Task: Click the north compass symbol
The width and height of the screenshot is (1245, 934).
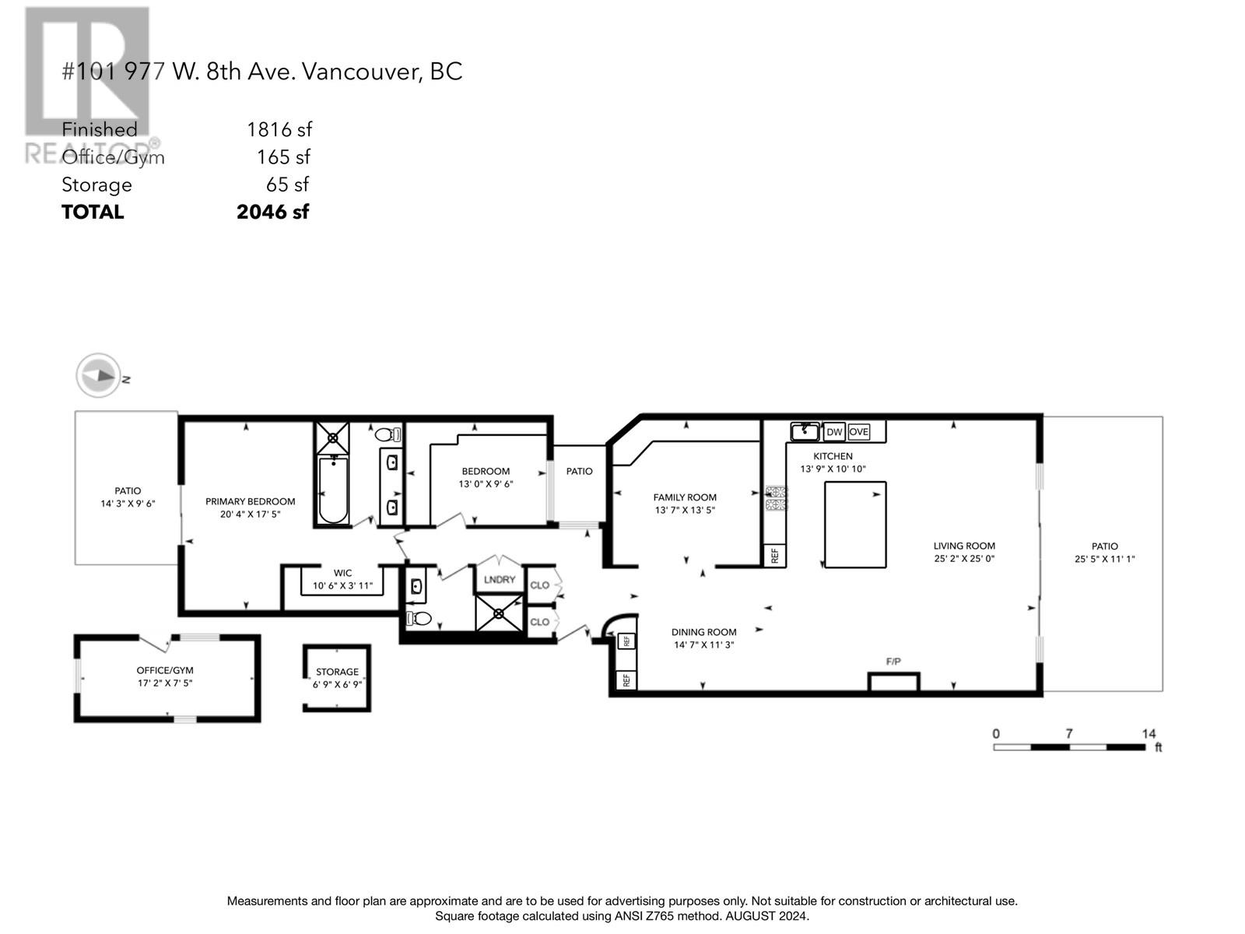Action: click(98, 375)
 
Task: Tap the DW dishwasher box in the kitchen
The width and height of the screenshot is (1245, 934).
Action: click(834, 432)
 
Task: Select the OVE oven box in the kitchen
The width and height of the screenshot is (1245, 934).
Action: click(858, 432)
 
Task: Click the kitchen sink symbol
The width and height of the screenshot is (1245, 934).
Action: click(805, 431)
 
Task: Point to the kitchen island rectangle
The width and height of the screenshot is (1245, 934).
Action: click(854, 525)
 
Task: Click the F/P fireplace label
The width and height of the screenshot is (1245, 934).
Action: click(893, 662)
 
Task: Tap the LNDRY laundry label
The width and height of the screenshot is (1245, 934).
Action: click(499, 580)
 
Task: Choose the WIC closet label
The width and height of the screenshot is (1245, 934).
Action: click(342, 574)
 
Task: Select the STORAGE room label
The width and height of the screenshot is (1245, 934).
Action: click(338, 672)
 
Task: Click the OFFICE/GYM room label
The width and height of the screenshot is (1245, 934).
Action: click(164, 671)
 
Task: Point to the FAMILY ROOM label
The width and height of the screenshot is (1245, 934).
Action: click(685, 497)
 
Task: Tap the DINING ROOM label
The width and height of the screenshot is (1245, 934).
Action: click(704, 632)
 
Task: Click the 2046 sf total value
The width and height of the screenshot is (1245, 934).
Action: click(273, 212)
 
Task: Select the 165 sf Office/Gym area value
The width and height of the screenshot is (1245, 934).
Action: click(283, 157)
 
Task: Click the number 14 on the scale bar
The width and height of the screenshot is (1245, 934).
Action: click(1149, 734)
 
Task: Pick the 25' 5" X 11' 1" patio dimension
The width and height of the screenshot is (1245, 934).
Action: click(1104, 559)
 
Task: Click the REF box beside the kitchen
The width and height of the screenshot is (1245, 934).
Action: click(775, 556)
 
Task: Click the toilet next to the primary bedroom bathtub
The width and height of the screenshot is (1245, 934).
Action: click(388, 435)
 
